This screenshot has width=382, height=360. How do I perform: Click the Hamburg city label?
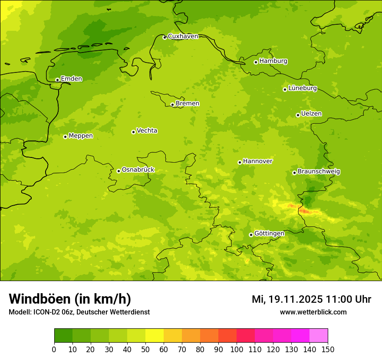click(273, 61)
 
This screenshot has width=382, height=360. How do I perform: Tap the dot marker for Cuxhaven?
click(165, 37)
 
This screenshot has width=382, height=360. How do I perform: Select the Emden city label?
click(71, 79)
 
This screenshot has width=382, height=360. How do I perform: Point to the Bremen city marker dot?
click(172, 105)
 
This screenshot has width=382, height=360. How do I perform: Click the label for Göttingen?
click(269, 234)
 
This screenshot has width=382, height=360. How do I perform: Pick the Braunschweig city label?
click(319, 172)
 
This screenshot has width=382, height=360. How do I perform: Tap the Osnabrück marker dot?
click(119, 171)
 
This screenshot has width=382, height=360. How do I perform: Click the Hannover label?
click(257, 161)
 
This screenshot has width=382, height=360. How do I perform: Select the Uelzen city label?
click(311, 114)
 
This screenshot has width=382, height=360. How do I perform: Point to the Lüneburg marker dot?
click(285, 89)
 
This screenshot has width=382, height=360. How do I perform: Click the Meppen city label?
click(81, 136)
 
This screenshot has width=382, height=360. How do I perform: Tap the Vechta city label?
click(147, 131)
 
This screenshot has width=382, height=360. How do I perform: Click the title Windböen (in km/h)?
click(70, 299)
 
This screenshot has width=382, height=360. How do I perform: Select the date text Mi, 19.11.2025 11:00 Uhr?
click(311, 299)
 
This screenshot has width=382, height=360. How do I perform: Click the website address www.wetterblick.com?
click(313, 312)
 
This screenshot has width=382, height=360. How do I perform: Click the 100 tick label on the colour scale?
click(237, 349)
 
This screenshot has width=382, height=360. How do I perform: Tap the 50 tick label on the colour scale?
click(145, 349)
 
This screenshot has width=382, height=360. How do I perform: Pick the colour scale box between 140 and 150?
click(319, 336)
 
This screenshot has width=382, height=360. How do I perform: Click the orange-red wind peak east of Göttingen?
click(305, 211)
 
